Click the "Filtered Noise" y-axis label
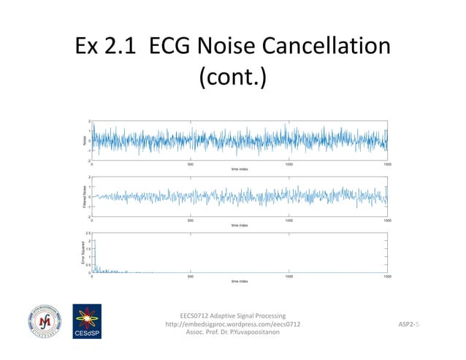[x=83, y=196]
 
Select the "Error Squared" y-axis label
[x=83, y=252]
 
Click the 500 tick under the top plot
[x=190, y=164]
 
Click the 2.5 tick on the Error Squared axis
[x=87, y=232]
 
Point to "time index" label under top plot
[x=240, y=169]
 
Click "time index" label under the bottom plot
[x=240, y=281]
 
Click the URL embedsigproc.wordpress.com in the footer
[x=232, y=323]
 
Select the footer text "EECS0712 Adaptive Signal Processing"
[x=232, y=315]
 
